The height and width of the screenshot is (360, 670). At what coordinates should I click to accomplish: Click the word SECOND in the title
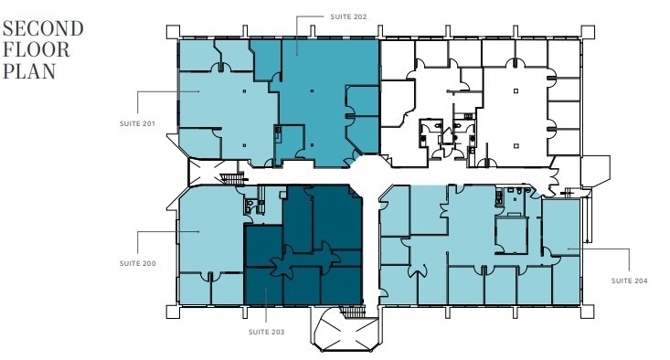pyautogui.click(x=43, y=28)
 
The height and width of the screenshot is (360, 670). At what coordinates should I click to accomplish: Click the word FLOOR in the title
pyautogui.click(x=37, y=48)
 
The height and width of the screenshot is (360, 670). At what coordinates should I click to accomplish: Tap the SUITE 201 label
pyautogui.click(x=137, y=123)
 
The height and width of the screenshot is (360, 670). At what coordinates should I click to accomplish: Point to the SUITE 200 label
pyautogui.click(x=137, y=263)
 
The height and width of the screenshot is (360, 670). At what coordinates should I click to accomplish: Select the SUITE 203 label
pyautogui.click(x=265, y=332)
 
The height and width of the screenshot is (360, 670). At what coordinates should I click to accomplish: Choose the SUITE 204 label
pyautogui.click(x=630, y=281)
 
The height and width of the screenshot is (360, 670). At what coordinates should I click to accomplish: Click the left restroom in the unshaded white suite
pyautogui.click(x=427, y=136)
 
